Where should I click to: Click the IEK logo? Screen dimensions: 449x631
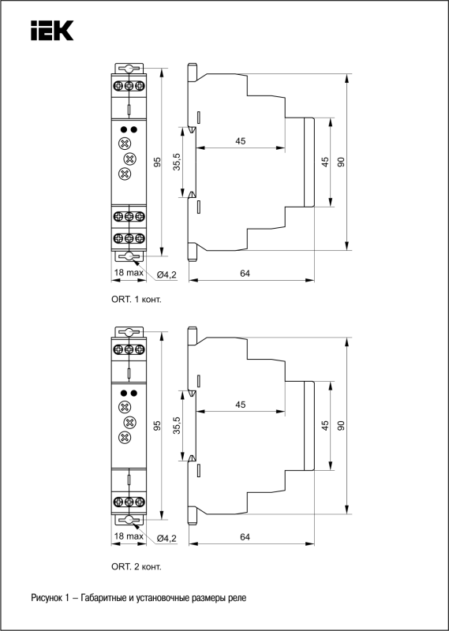[52, 31]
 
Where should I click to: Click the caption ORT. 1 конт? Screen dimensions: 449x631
[136, 300]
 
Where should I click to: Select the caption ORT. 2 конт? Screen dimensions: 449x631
[136, 567]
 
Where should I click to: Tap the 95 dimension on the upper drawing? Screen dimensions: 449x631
[158, 162]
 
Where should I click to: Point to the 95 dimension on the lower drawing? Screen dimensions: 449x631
[158, 426]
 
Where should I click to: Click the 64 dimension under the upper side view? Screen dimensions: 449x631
[245, 273]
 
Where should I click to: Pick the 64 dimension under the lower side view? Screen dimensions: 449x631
[245, 537]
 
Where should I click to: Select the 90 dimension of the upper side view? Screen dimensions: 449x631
[342, 162]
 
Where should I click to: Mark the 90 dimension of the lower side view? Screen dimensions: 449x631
[342, 426]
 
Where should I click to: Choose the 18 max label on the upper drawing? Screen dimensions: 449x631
[129, 272]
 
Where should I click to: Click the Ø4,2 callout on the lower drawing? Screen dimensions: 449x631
[167, 538]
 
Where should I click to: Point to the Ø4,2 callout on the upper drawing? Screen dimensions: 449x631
[167, 274]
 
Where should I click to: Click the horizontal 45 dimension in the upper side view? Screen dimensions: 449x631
[241, 141]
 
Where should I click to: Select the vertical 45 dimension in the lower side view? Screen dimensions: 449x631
[325, 426]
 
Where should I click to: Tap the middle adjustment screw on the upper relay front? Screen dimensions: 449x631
[129, 159]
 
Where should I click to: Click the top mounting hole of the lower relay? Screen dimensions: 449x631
[129, 332]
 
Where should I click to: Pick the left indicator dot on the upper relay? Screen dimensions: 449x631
[124, 129]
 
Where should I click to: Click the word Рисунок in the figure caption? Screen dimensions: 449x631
[46, 598]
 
